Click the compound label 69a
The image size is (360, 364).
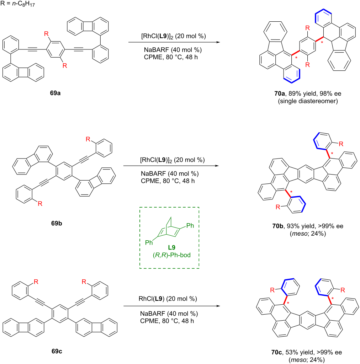pyautogui.click(x=55, y=93)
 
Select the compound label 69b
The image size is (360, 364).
pyautogui.click(x=57, y=223)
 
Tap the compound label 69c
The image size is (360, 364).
pyautogui.click(x=57, y=351)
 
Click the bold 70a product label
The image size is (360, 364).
pyautogui.click(x=280, y=93)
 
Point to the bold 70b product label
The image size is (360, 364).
pyautogui.click(x=278, y=226)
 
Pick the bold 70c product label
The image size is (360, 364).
pyautogui.click(x=277, y=352)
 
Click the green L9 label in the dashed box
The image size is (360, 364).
pyautogui.click(x=171, y=247)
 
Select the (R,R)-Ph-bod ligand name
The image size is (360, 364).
pyautogui.click(x=171, y=255)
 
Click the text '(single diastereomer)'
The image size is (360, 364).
pyautogui.click(x=308, y=101)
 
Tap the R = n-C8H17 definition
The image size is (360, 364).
pyautogui.click(x=18, y=4)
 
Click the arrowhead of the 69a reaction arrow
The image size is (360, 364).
pyautogui.click(x=218, y=42)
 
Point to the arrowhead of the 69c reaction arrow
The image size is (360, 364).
pyautogui.click(x=218, y=306)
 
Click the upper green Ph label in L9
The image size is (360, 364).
pyautogui.click(x=190, y=225)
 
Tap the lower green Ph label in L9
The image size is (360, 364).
pyautogui.click(x=149, y=242)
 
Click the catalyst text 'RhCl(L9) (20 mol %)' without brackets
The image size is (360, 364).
pyautogui.click(x=168, y=299)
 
